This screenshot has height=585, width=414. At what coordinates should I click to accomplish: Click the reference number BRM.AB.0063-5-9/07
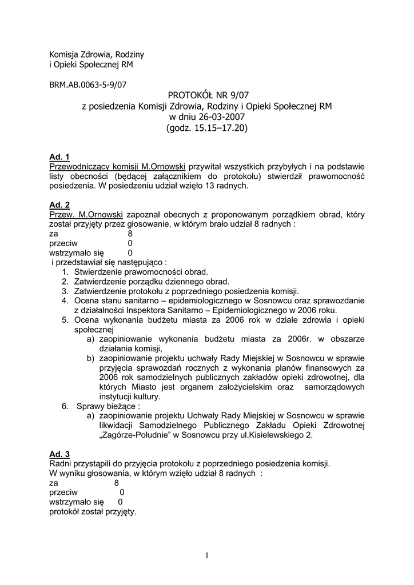tap(88, 85)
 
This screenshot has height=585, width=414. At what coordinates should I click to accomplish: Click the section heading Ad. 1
tap(59, 157)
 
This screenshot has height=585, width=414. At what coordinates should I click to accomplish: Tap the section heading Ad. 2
tap(59, 205)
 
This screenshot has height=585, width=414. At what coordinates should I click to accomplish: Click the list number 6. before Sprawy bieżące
tap(65, 406)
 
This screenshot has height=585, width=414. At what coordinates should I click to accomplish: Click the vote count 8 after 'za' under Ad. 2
tap(130, 233)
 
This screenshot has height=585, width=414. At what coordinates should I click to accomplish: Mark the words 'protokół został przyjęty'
tap(93, 511)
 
